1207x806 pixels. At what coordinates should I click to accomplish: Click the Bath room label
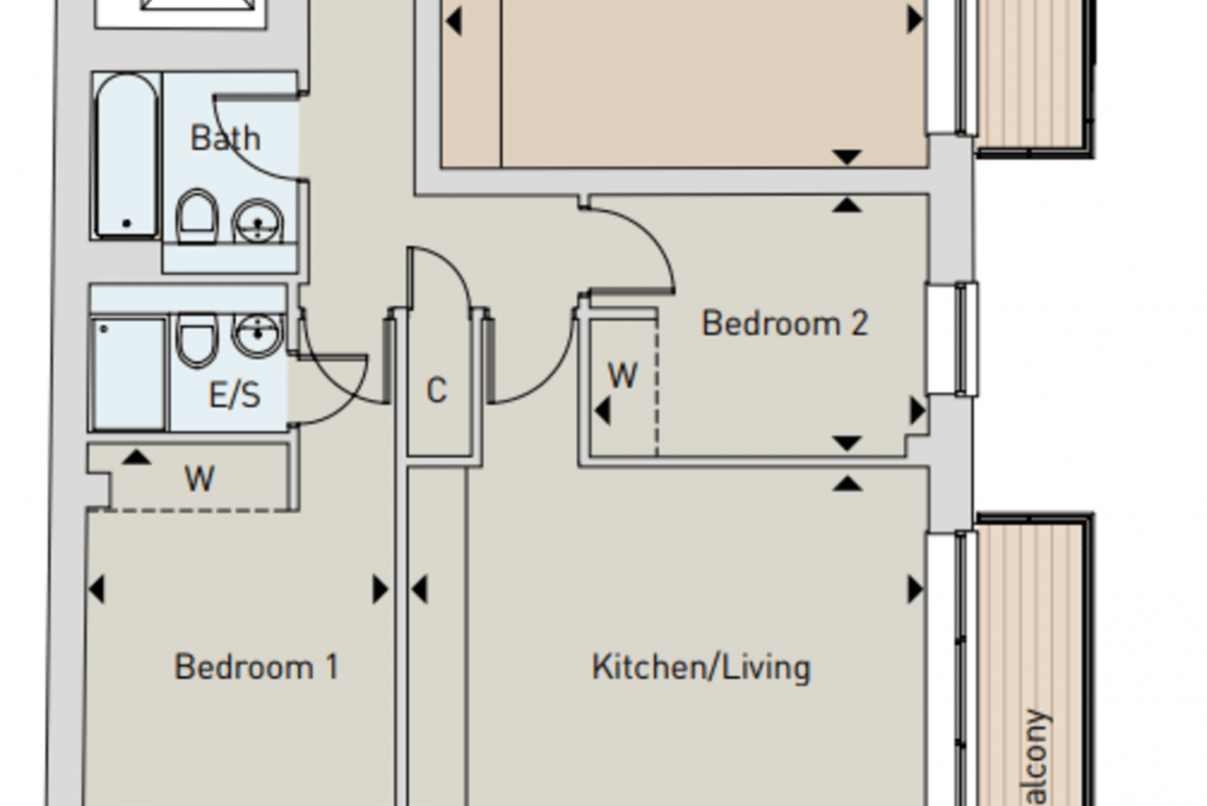[x=225, y=138]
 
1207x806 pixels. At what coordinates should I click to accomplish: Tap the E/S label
[x=234, y=394]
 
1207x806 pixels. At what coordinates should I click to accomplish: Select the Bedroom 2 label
[x=785, y=323]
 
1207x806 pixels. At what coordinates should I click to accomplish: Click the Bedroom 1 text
[x=256, y=667]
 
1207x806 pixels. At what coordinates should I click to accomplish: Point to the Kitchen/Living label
[x=701, y=668]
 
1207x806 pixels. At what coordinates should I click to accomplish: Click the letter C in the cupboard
[x=437, y=390]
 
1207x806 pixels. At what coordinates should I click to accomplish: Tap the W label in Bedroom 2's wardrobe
[x=623, y=375]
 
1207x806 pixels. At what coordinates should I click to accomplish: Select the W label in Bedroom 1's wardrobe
[x=200, y=478]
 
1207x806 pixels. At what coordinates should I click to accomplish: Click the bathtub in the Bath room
[x=127, y=155]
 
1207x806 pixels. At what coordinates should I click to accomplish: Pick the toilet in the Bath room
[x=197, y=216]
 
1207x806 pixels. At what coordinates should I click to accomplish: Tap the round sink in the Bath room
[x=258, y=221]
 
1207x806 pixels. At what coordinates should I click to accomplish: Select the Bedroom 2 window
[x=967, y=339]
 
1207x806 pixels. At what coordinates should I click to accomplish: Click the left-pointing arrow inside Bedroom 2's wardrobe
[x=603, y=411]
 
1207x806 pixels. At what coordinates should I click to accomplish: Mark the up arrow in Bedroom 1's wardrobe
[x=136, y=457]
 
